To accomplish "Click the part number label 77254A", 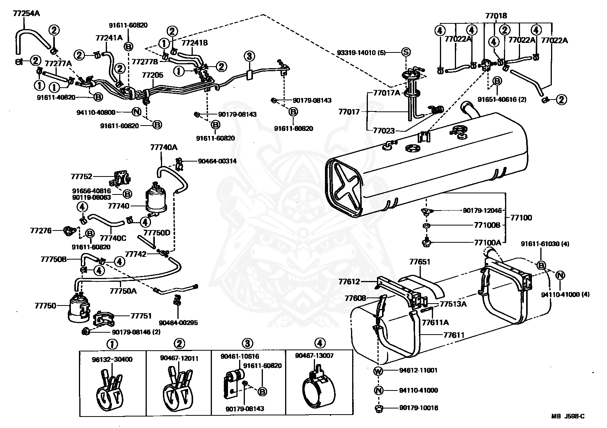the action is click(x=26, y=13).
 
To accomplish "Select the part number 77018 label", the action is click(x=496, y=16).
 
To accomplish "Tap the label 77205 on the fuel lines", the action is click(x=153, y=75).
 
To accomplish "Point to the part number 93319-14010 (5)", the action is click(x=361, y=52).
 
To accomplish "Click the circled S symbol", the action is click(x=406, y=52).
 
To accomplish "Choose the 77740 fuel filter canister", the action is click(x=156, y=198).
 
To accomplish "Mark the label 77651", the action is click(x=420, y=262).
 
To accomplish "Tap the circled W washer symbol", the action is click(x=378, y=371).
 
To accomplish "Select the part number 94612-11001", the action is click(x=418, y=370).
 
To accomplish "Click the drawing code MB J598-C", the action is click(x=568, y=416).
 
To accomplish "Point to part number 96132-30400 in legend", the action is click(x=112, y=359).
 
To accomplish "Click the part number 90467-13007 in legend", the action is click(x=314, y=355).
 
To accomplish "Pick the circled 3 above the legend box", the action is click(x=248, y=343).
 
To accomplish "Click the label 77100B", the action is click(x=487, y=225).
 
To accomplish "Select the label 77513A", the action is click(x=453, y=304).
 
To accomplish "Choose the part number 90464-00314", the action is click(x=217, y=161).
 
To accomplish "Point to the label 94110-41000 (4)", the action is click(x=565, y=294).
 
